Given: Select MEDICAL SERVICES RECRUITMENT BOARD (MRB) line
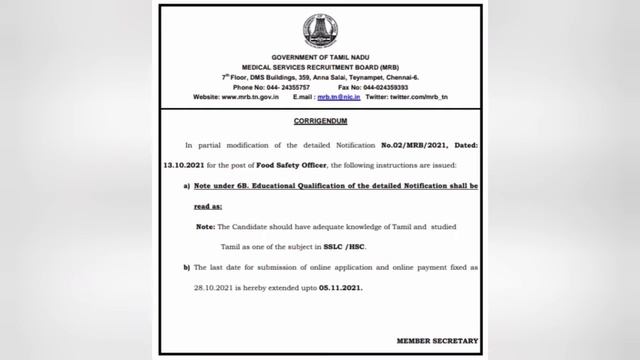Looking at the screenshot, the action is [319, 68].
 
